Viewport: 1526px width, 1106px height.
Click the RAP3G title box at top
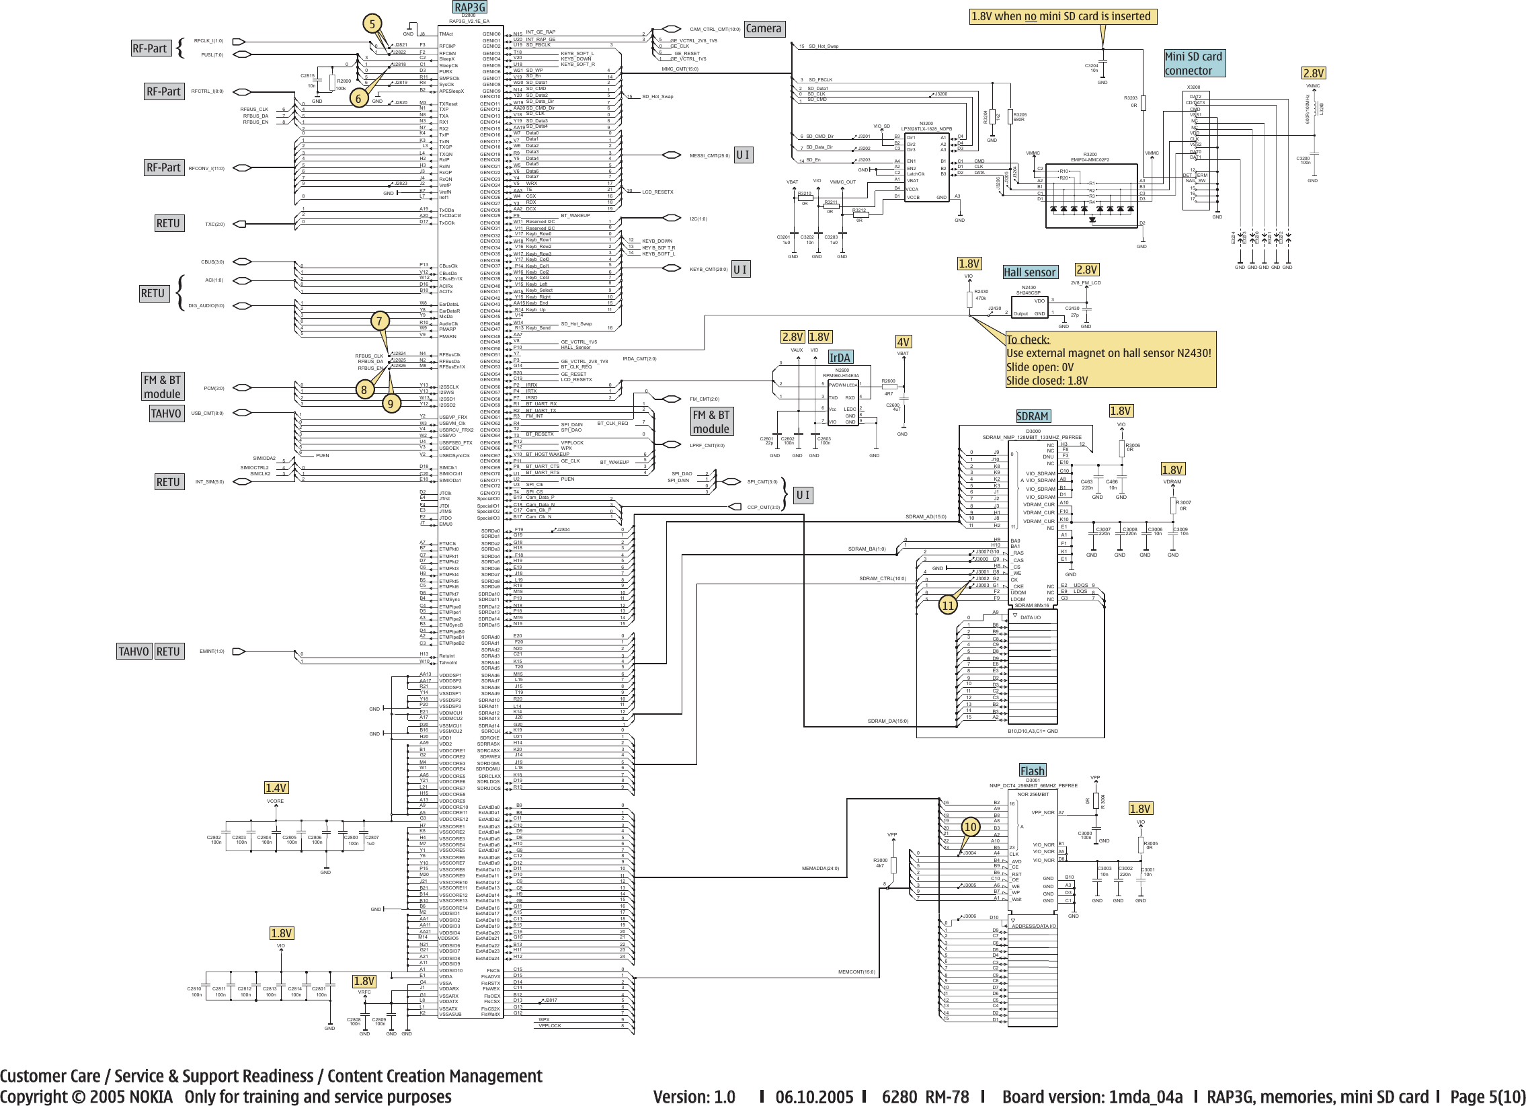coord(469,7)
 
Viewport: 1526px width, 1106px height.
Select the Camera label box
coord(764,28)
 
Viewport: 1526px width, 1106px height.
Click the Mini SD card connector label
coord(1194,63)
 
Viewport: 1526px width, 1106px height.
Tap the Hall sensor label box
coord(1029,272)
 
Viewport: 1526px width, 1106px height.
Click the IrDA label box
coord(840,357)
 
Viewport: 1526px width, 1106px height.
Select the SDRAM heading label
coord(1032,416)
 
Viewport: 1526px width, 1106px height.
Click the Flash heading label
coord(1032,771)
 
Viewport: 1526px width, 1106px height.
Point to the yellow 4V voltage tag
coord(903,342)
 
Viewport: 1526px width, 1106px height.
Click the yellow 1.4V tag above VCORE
coord(276,788)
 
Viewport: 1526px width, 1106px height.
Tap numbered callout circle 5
coord(372,25)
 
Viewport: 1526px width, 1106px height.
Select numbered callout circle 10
coord(969,827)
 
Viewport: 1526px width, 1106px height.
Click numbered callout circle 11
coord(947,606)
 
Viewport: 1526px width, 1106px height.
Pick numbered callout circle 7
coord(379,321)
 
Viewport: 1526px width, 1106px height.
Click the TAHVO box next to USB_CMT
coord(166,413)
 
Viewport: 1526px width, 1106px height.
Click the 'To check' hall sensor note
coord(1110,360)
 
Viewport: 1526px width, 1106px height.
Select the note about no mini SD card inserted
coord(1063,16)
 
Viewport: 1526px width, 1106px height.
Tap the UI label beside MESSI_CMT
coord(743,155)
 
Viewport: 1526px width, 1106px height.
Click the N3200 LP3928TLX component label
coord(926,126)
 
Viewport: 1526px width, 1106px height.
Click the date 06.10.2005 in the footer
coord(813,1097)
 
